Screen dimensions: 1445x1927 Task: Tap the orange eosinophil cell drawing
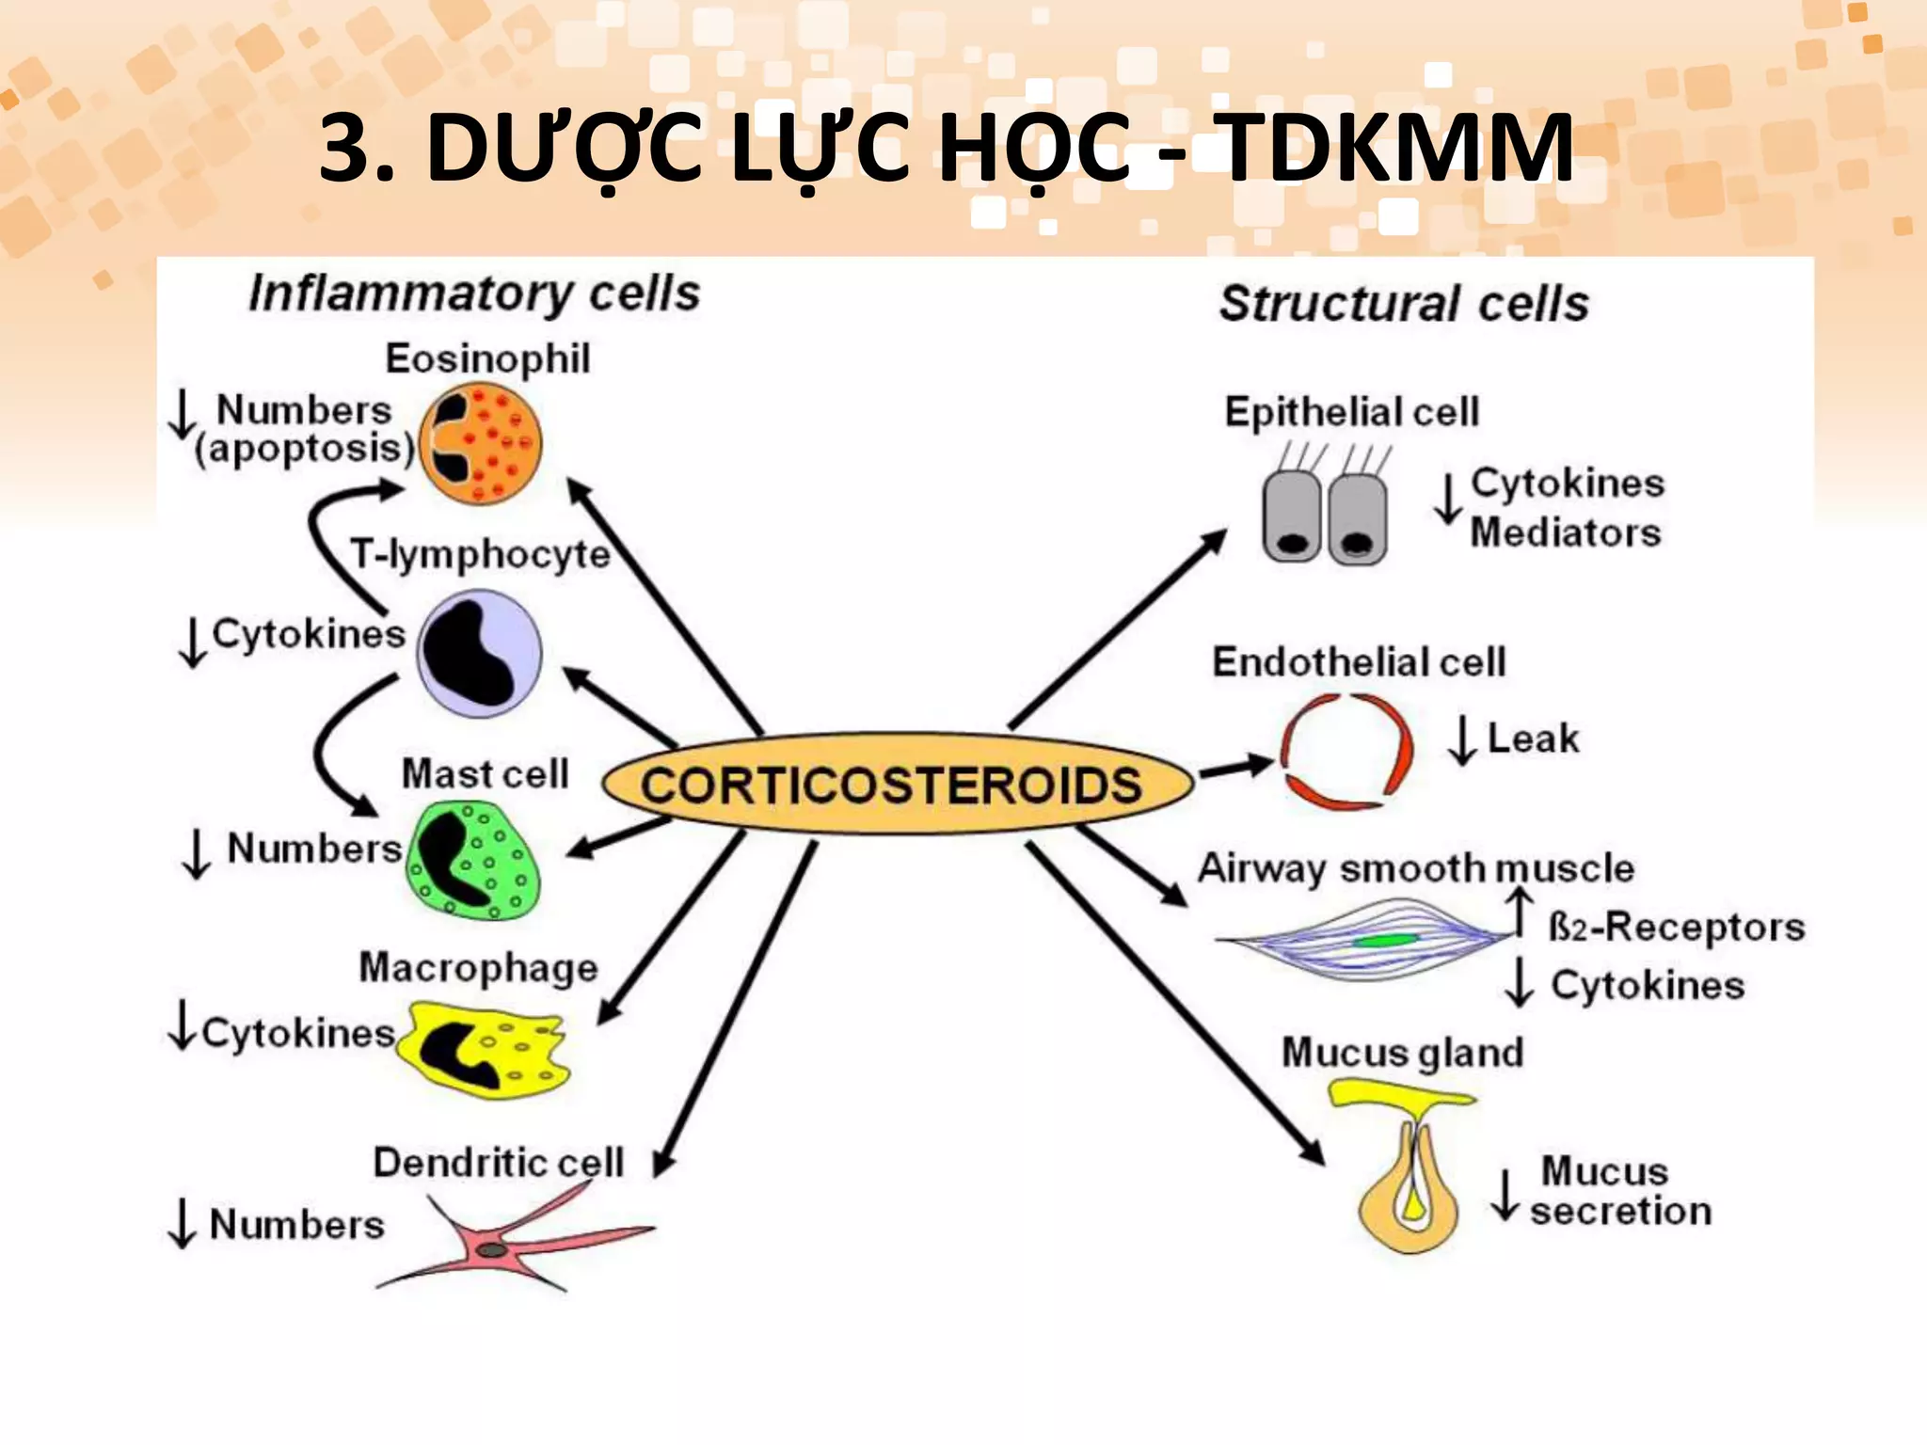(x=481, y=444)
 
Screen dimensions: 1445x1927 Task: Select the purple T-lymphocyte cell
(x=479, y=654)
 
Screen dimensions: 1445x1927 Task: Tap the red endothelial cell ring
(x=1346, y=751)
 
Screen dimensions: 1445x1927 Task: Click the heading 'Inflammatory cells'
(x=474, y=293)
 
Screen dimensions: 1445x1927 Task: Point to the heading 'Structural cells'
(x=1404, y=304)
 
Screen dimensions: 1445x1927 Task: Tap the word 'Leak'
(x=1533, y=738)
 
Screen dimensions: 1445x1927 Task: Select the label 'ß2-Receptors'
(x=1676, y=928)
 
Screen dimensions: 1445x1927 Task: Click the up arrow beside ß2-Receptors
(x=1518, y=912)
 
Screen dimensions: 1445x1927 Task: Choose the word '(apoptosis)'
(x=304, y=449)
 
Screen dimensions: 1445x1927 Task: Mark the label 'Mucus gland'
(x=1402, y=1053)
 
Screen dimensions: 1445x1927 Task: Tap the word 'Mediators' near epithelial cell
(x=1565, y=532)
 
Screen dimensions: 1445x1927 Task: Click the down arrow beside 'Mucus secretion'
(x=1505, y=1195)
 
